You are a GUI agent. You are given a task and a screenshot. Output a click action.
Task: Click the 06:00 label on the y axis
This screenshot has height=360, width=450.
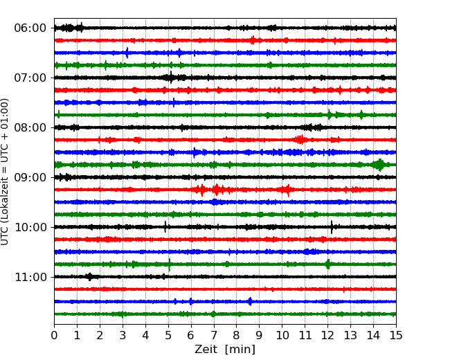pos(30,28)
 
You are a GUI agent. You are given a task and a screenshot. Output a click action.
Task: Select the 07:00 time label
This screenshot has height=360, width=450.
pos(30,78)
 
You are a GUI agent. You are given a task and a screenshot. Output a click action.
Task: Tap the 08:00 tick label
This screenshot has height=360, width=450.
pos(30,127)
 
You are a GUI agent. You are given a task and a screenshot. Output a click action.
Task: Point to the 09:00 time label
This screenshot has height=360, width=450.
pos(30,177)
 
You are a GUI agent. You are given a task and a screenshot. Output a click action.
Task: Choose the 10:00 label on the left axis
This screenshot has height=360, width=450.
pos(30,227)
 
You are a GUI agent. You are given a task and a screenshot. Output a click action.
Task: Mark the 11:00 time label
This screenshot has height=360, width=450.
pos(30,277)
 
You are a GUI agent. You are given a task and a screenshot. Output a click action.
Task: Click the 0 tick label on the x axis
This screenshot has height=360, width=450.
pos(54,335)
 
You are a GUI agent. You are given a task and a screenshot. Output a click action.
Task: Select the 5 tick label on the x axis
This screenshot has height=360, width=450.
pos(168,335)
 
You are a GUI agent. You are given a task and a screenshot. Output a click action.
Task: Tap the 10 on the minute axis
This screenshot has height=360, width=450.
pos(282,335)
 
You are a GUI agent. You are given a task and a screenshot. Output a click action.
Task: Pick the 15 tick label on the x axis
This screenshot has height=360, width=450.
pos(396,335)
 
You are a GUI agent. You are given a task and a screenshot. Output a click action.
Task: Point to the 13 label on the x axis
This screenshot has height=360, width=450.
pos(350,335)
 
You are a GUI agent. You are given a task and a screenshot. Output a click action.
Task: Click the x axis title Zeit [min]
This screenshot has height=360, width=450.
pos(225,349)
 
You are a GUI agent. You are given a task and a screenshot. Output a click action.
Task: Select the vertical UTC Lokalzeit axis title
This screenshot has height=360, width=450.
pos(5,172)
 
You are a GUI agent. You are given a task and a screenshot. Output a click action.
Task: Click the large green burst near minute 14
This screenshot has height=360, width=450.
pos(380,165)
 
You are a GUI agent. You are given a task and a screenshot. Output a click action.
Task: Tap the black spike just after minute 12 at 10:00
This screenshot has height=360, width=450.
pos(332,227)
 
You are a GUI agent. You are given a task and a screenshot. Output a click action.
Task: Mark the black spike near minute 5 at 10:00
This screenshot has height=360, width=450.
pos(165,227)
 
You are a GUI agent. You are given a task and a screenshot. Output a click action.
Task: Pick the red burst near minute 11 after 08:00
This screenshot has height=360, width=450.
pos(300,140)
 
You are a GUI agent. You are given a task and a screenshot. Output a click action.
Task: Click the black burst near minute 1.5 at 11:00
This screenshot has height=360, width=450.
pos(90,277)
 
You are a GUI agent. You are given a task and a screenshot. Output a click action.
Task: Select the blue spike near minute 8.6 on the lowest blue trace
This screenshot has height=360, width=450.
pos(250,301)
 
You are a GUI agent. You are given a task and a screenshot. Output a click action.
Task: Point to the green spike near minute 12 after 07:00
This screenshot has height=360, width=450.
pos(330,115)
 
